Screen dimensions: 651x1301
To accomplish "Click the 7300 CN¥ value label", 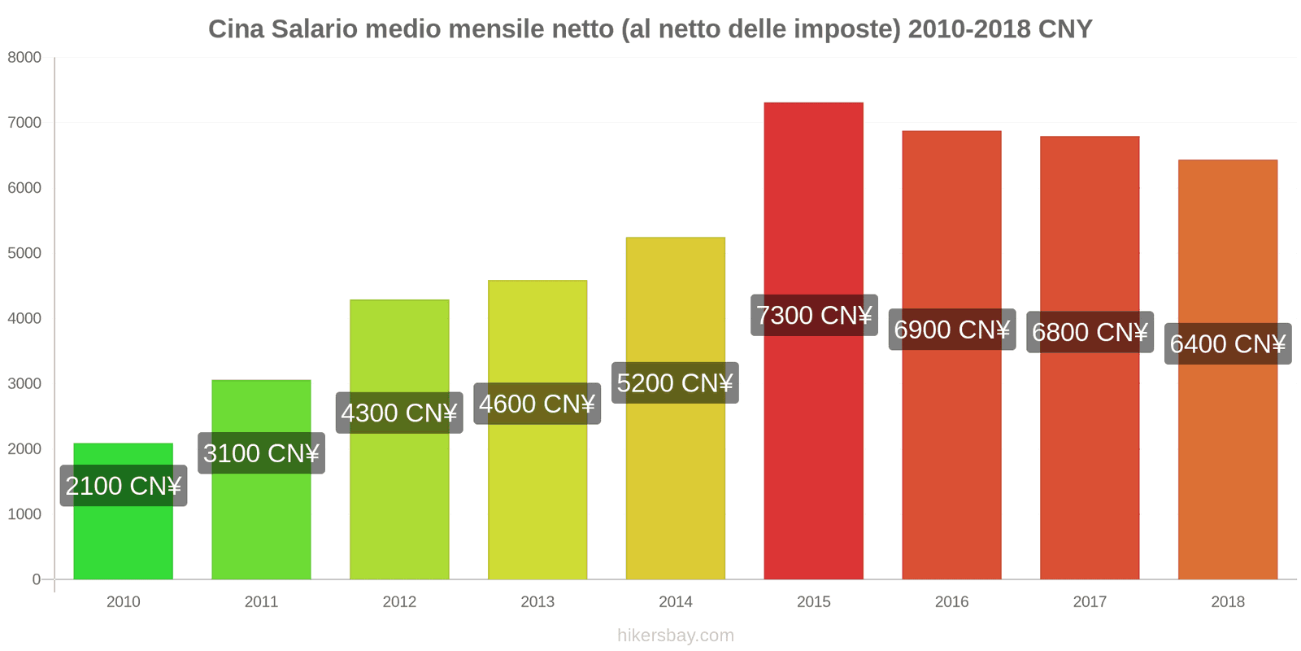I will pos(813,315).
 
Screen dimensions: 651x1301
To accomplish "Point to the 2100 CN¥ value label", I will pos(123,486).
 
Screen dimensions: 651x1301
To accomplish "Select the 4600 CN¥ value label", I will pos(537,404).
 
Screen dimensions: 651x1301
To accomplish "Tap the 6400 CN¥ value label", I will pos(1227,343).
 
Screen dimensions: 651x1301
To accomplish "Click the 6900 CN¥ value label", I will pos(951,330).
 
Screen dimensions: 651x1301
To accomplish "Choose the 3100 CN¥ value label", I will pos(261,453).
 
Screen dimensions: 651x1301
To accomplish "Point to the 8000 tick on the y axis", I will pos(24,57).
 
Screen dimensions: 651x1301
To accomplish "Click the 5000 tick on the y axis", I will pos(24,253).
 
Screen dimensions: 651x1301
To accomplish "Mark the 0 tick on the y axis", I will pos(36,579).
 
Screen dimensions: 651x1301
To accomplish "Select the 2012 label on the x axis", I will pos(399,601).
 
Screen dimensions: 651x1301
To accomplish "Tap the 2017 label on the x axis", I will pos(1090,601).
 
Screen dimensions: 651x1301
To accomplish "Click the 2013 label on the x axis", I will pos(537,601).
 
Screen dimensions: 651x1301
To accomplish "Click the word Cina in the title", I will pos(236,29).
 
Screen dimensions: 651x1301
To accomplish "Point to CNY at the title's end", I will pos(1064,29).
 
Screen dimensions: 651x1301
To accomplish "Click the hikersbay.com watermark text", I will pos(675,635).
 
